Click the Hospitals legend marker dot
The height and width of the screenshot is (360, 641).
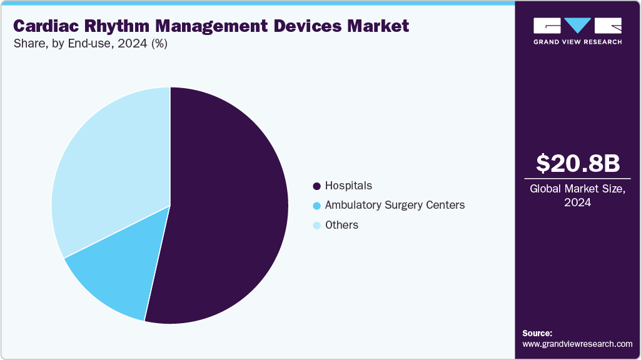(x=316, y=186)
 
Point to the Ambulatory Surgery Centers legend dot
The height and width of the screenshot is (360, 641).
(x=316, y=206)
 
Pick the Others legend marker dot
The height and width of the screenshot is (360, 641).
(x=316, y=226)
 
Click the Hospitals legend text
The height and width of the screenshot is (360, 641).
(x=348, y=186)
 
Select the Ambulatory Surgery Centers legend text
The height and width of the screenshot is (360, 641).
(x=395, y=205)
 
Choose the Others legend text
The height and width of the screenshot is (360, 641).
(x=341, y=225)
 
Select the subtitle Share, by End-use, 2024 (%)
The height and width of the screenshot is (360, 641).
(x=90, y=44)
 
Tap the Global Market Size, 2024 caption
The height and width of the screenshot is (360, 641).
(x=578, y=196)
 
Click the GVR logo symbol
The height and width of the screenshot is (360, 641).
(x=577, y=26)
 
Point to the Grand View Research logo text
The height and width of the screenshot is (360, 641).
(x=577, y=42)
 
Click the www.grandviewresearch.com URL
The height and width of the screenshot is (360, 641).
(x=577, y=344)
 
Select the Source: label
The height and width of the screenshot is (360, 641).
(x=537, y=333)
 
